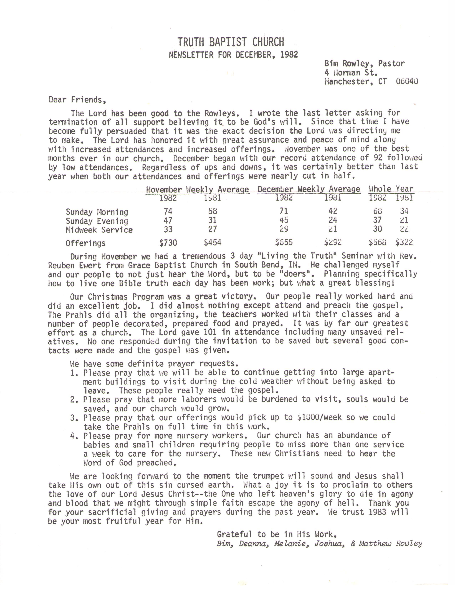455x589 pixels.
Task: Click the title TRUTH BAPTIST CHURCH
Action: click(x=231, y=42)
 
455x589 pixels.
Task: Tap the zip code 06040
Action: click(x=407, y=81)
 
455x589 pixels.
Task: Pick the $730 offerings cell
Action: click(x=168, y=243)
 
